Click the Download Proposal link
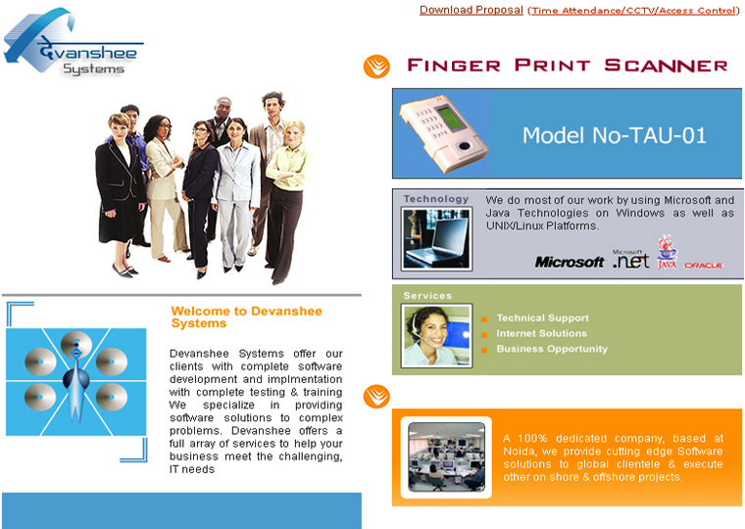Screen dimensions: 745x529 pyautogui.click(x=471, y=10)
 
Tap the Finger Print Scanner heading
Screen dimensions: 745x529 pyautogui.click(x=567, y=65)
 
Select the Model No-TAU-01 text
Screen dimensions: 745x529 pyautogui.click(x=615, y=135)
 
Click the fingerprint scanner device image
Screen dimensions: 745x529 pyautogui.click(x=443, y=133)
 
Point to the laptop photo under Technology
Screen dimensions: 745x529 pyautogui.click(x=436, y=239)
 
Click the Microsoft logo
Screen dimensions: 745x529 pyautogui.click(x=570, y=262)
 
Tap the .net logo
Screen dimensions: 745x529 pyautogui.click(x=630, y=260)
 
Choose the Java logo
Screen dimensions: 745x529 pyautogui.click(x=667, y=252)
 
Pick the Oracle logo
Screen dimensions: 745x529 pyautogui.click(x=703, y=265)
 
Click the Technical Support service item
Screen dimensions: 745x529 pyautogui.click(x=543, y=318)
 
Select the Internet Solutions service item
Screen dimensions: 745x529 pyautogui.click(x=542, y=333)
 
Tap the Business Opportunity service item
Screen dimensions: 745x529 pyautogui.click(x=552, y=349)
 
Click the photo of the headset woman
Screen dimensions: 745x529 pyautogui.click(x=436, y=336)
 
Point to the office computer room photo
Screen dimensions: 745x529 pyautogui.click(x=446, y=457)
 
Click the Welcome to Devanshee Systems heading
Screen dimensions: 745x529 pyautogui.click(x=247, y=317)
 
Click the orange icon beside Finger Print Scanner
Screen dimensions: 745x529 pyautogui.click(x=376, y=66)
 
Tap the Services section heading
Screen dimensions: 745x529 pyautogui.click(x=427, y=296)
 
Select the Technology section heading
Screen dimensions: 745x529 pyautogui.click(x=436, y=199)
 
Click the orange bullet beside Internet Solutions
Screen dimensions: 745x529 pyautogui.click(x=484, y=335)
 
